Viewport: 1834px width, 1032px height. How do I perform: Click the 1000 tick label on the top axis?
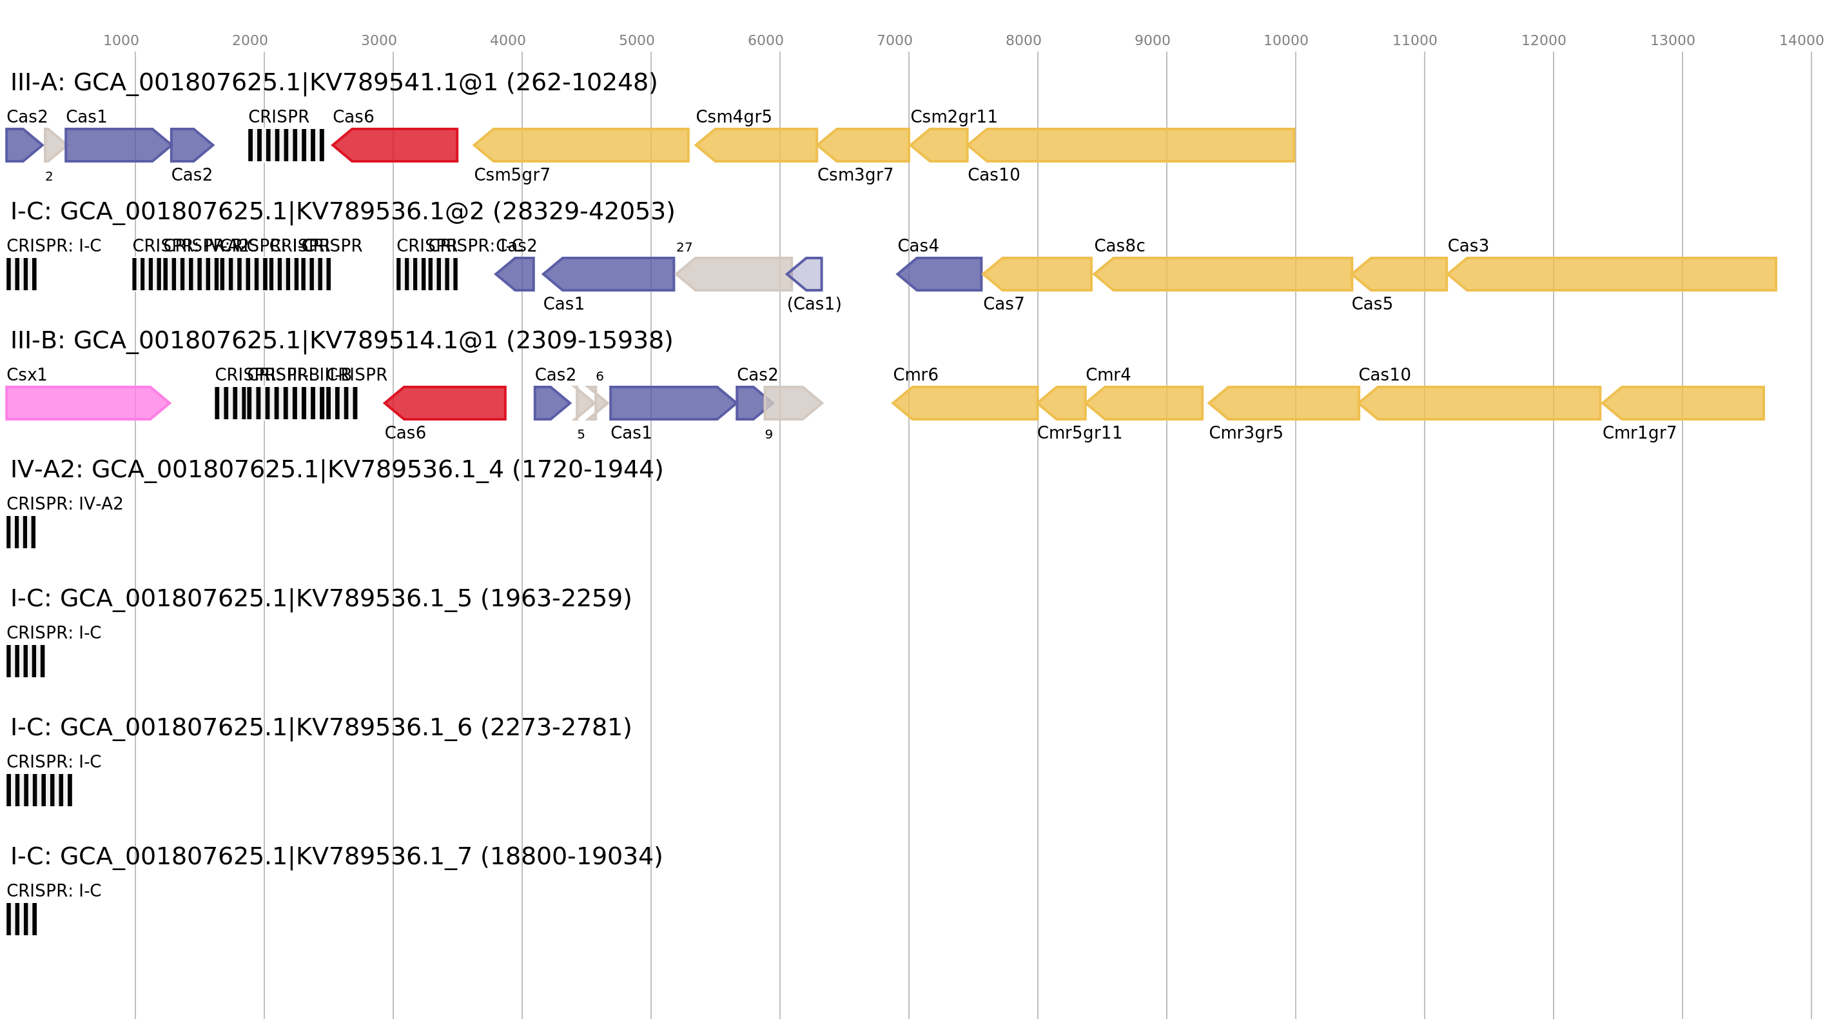point(121,41)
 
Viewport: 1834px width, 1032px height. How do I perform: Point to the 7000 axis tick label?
point(893,41)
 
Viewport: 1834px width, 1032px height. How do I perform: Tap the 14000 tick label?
point(1800,41)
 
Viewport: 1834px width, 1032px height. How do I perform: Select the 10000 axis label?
point(1285,41)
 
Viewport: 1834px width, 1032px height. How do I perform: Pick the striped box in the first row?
point(286,145)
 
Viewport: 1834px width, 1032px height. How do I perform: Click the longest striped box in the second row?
point(231,274)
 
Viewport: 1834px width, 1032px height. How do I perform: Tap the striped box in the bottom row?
point(21,918)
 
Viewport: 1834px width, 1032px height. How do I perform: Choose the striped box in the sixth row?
point(39,790)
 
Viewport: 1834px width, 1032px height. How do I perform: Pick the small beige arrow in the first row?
point(53,145)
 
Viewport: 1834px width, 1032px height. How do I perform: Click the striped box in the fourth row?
point(21,532)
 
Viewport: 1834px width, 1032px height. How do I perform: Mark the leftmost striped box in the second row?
point(21,274)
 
